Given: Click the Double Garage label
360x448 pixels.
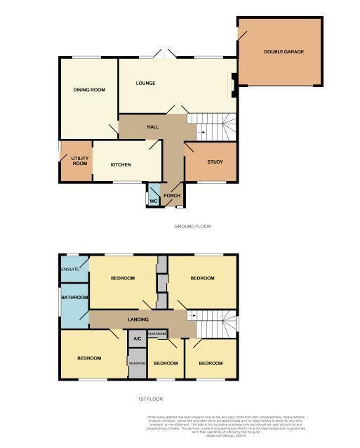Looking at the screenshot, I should click(284, 52).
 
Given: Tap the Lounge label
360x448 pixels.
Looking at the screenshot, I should click(146, 84).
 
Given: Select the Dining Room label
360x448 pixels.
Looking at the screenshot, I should click(89, 90).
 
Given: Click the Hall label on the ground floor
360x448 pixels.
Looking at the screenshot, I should click(152, 127).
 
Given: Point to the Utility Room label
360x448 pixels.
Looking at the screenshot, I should click(79, 161).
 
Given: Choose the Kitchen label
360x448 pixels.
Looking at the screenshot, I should click(121, 164).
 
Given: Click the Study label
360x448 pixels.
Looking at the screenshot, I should click(215, 162).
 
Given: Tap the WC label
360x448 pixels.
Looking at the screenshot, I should click(153, 201).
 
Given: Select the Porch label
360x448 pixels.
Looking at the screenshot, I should click(172, 195).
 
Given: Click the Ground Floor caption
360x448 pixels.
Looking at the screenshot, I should click(192, 226).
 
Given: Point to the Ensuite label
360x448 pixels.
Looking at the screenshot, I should click(70, 270).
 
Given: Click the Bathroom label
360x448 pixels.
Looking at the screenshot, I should click(74, 298).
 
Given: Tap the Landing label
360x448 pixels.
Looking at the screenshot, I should click(138, 320).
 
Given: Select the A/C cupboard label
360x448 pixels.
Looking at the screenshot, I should click(137, 338).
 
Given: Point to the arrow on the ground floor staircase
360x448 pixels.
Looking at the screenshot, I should click(201, 131).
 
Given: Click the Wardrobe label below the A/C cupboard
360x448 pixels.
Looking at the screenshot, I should click(137, 363).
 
